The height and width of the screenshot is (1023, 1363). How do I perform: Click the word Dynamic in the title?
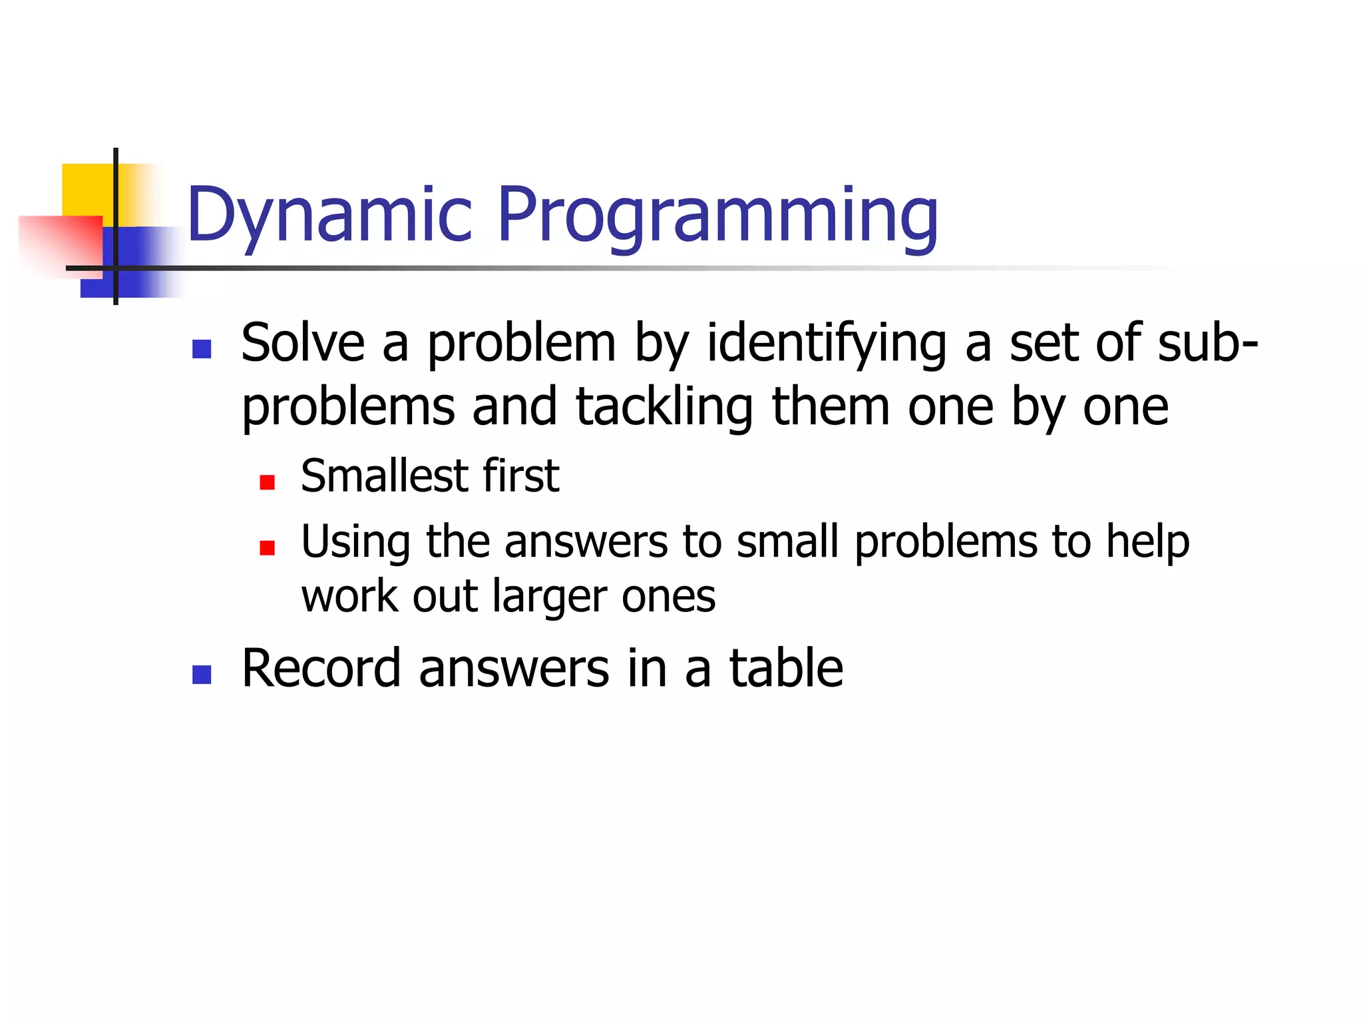(x=329, y=214)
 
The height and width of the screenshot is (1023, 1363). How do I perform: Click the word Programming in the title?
(x=717, y=214)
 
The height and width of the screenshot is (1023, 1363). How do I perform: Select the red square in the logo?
(x=60, y=243)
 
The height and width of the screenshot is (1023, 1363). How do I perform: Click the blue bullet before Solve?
(x=201, y=349)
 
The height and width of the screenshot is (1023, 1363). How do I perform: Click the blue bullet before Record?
(x=201, y=675)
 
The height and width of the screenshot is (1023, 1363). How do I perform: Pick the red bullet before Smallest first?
(x=267, y=482)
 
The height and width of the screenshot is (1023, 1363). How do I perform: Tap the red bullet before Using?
(x=267, y=547)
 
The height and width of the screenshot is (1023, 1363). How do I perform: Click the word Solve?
(x=303, y=343)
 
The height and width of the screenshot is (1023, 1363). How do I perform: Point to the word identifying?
(x=826, y=343)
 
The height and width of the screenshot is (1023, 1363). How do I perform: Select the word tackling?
(x=664, y=407)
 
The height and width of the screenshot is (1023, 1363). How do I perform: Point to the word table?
(x=786, y=669)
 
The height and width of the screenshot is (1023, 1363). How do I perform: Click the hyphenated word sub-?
(x=1207, y=343)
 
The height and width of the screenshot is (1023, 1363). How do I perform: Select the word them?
(x=831, y=407)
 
